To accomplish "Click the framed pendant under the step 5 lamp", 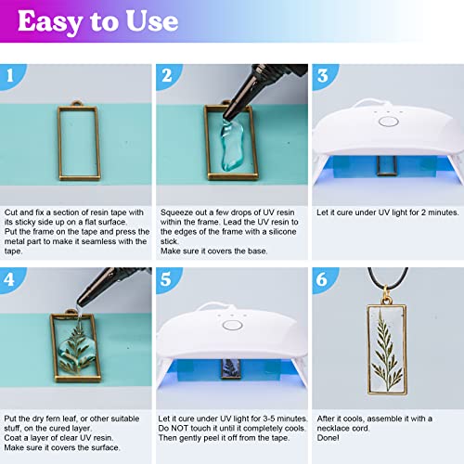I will click(x=226, y=372).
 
